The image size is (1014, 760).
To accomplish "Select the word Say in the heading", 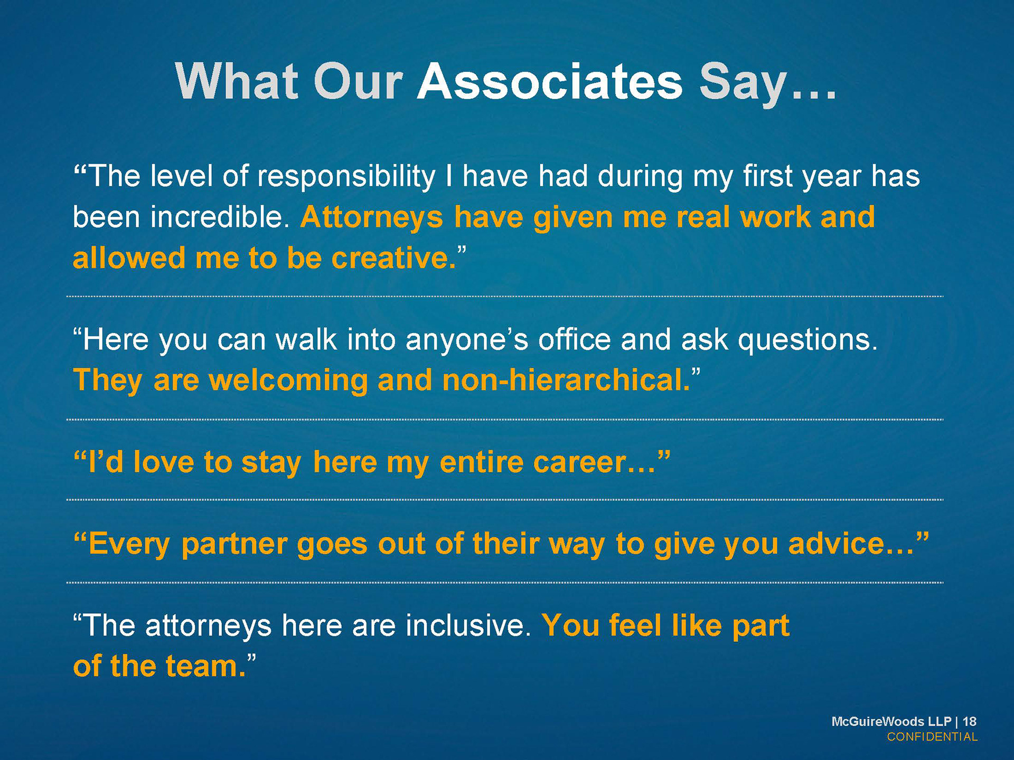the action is tap(743, 84).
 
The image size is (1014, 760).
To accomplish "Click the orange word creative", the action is tap(393, 258).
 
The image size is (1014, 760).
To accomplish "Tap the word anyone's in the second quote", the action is tap(467, 340).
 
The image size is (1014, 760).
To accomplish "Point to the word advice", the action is tap(837, 544).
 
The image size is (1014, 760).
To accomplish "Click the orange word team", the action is tap(206, 667).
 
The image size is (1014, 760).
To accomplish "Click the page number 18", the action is tap(970, 721).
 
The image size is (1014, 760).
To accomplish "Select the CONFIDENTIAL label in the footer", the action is tap(932, 737).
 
